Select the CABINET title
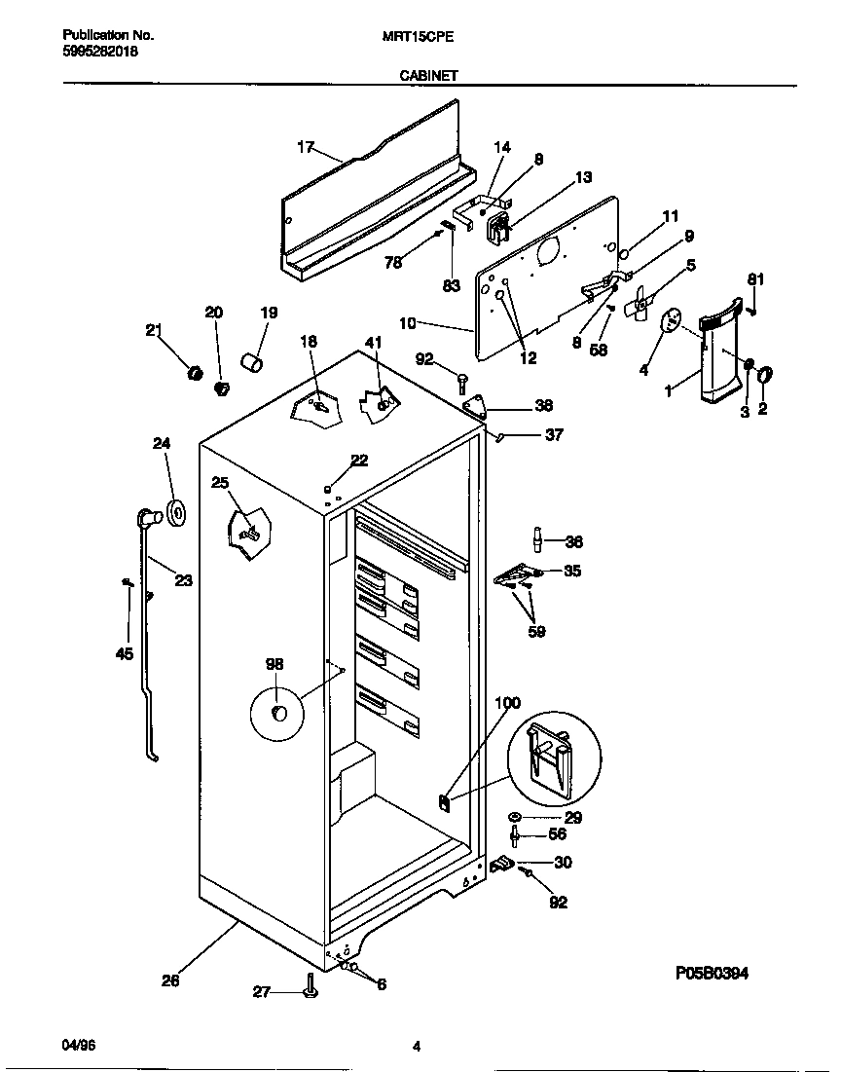pos(428,74)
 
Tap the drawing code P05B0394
pos(713,973)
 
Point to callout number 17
pos(306,147)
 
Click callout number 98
pos(274,663)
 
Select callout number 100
pos(507,703)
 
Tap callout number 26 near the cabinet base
pos(169,981)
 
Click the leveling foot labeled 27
pos(311,989)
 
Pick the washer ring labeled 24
pos(176,512)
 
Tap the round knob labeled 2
pos(765,373)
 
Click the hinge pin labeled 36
pos(536,541)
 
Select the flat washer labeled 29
pos(514,816)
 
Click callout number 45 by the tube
pos(124,653)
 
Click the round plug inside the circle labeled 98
pos(278,717)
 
